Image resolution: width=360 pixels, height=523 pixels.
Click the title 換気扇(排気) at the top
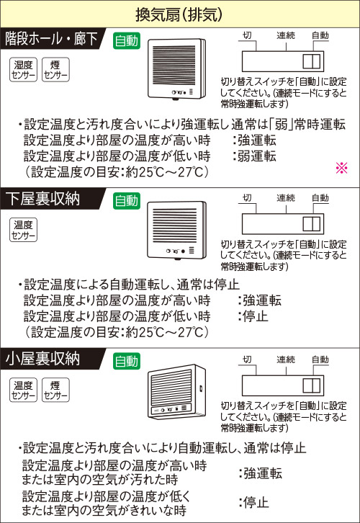click(179, 14)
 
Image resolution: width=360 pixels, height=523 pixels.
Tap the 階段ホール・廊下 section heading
click(51, 39)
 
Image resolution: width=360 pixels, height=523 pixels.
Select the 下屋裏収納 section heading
click(42, 199)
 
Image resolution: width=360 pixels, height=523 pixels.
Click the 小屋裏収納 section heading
click(42, 359)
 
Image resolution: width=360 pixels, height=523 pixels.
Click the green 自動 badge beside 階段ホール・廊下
click(126, 40)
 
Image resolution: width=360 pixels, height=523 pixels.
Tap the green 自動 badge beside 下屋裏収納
click(126, 201)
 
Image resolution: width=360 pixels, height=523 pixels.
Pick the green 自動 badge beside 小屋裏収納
click(126, 361)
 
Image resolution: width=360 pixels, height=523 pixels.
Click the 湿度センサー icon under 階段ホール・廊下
click(23, 70)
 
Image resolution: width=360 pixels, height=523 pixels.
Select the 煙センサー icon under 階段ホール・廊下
click(55, 70)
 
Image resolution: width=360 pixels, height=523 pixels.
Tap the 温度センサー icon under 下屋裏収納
click(23, 230)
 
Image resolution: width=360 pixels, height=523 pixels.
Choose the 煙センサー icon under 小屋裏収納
click(55, 390)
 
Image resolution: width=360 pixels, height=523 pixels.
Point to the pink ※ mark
click(342, 168)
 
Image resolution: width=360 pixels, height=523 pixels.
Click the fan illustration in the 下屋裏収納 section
click(176, 230)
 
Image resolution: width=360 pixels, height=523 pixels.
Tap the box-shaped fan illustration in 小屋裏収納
click(176, 392)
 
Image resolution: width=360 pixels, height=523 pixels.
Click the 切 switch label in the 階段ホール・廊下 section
click(247, 35)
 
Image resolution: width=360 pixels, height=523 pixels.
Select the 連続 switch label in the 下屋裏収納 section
click(286, 198)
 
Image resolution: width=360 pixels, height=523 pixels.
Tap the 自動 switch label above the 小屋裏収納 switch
click(320, 359)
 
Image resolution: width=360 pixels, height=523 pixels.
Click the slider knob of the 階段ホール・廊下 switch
click(311, 61)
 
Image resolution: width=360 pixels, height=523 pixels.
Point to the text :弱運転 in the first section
click(254, 156)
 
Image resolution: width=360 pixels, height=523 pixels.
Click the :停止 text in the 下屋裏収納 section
click(253, 316)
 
